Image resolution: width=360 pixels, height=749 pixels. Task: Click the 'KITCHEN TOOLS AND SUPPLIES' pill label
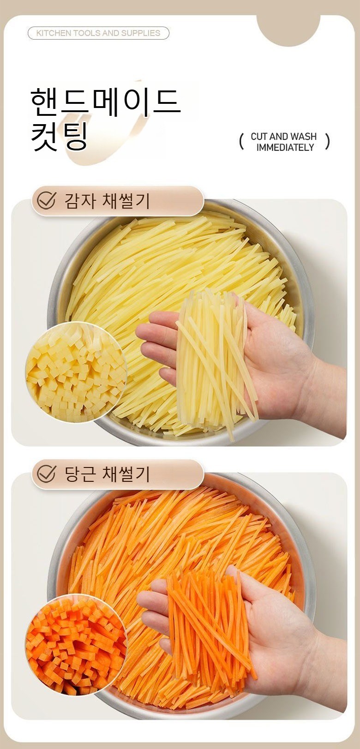tap(98, 33)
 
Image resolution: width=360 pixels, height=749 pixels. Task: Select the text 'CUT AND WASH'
tap(283, 137)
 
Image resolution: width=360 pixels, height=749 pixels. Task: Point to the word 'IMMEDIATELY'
tap(285, 147)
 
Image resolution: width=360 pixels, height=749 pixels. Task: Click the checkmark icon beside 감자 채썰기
tap(47, 200)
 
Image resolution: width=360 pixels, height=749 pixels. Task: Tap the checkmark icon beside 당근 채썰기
tap(47, 474)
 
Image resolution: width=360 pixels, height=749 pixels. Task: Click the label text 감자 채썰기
tap(107, 201)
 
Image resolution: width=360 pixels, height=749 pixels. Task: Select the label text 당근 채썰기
tap(107, 474)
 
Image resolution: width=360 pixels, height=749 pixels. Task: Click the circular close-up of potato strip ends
tap(76, 372)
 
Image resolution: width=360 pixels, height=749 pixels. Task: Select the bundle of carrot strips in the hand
tap(210, 629)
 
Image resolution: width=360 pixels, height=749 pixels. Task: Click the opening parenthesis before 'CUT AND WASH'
tap(241, 142)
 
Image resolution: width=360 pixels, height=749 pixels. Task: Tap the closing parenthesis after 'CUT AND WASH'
tap(328, 142)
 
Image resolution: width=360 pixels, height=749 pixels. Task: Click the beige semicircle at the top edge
tap(288, 29)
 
